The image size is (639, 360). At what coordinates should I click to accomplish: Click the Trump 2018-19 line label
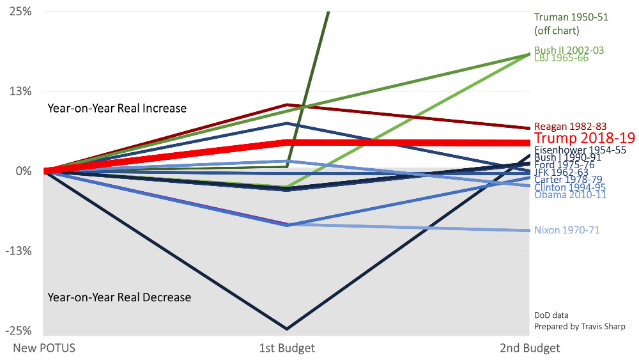tap(584, 138)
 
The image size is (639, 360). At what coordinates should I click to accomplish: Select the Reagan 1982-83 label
tap(570, 127)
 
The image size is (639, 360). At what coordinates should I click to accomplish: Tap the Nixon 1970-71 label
tap(567, 230)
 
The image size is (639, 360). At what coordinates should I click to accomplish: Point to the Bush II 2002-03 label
tap(569, 50)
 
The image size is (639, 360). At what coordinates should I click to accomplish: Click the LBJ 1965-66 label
tap(561, 58)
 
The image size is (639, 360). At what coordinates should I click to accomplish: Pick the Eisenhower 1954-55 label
tap(580, 150)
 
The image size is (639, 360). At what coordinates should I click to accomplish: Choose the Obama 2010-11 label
tap(570, 194)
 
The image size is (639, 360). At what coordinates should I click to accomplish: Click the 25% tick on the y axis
tap(21, 12)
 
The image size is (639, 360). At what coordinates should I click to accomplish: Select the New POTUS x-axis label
tap(44, 348)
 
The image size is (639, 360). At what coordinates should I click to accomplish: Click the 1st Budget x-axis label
tap(287, 348)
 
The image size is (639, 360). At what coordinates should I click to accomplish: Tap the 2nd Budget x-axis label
tap(530, 348)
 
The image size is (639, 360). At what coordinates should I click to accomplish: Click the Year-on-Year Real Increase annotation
tap(117, 108)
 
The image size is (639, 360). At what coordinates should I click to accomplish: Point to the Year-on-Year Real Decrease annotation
tap(119, 297)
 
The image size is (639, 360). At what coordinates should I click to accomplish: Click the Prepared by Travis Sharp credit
tap(580, 327)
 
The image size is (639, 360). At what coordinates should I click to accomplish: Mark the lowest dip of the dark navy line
tap(286, 329)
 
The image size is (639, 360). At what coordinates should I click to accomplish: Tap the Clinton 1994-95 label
tap(570, 187)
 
